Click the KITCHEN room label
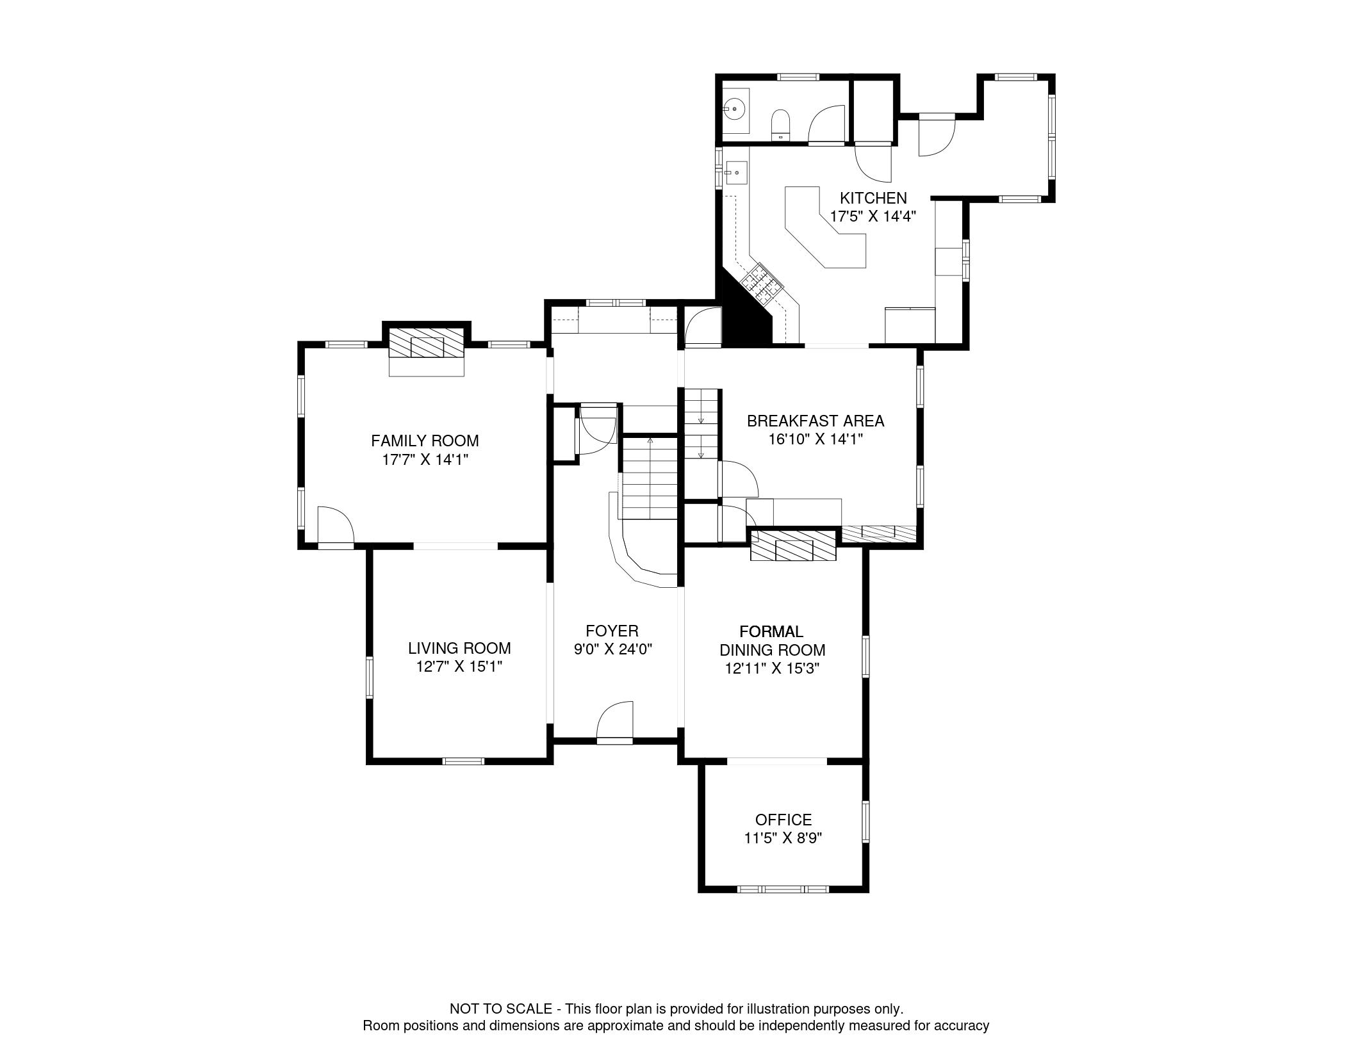coord(873,198)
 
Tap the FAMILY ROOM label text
coord(425,441)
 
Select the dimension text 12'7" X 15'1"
coord(459,667)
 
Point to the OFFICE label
coord(783,820)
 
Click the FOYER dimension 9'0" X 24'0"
coord(612,649)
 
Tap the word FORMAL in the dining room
coord(771,632)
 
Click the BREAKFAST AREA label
coord(816,421)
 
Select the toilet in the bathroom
coord(780,124)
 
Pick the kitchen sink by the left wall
coord(737,173)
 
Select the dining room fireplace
coord(794,545)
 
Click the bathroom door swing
coord(828,123)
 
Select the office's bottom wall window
coord(783,889)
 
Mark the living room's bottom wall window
coord(463,761)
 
